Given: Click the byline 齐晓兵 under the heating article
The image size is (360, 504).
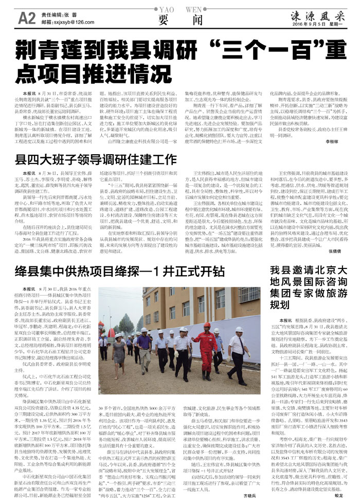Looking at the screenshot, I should click(x=250, y=497).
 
